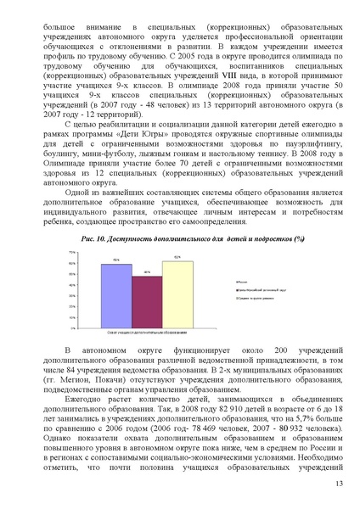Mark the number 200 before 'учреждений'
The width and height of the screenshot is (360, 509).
tap(266, 350)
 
